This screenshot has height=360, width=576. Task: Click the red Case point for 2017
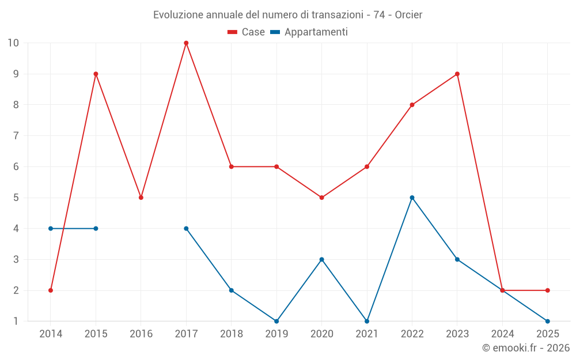point(186,43)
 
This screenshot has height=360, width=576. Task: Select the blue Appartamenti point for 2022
point(412,198)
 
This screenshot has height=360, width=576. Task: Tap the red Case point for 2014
point(51,290)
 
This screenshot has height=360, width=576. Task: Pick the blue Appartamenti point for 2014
point(51,229)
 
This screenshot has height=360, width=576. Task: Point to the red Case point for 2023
point(457,74)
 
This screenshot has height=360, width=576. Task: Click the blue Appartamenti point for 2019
point(276,321)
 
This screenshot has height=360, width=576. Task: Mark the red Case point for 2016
point(141,198)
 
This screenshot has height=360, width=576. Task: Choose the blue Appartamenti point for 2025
point(548,321)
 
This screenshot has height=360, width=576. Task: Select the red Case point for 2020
point(322,198)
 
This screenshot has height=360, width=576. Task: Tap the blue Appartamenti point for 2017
point(186,229)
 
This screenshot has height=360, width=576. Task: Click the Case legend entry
point(246,32)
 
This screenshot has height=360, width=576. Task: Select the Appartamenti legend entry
point(309,32)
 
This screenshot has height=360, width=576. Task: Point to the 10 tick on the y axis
point(13,43)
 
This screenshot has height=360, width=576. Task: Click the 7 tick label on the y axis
point(16,136)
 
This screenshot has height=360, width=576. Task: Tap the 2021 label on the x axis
point(367,334)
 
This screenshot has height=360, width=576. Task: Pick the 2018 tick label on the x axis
point(232,334)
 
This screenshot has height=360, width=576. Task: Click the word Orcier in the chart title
point(408,15)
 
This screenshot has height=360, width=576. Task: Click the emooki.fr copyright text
point(526,347)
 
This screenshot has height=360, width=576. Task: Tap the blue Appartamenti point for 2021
point(367,321)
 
